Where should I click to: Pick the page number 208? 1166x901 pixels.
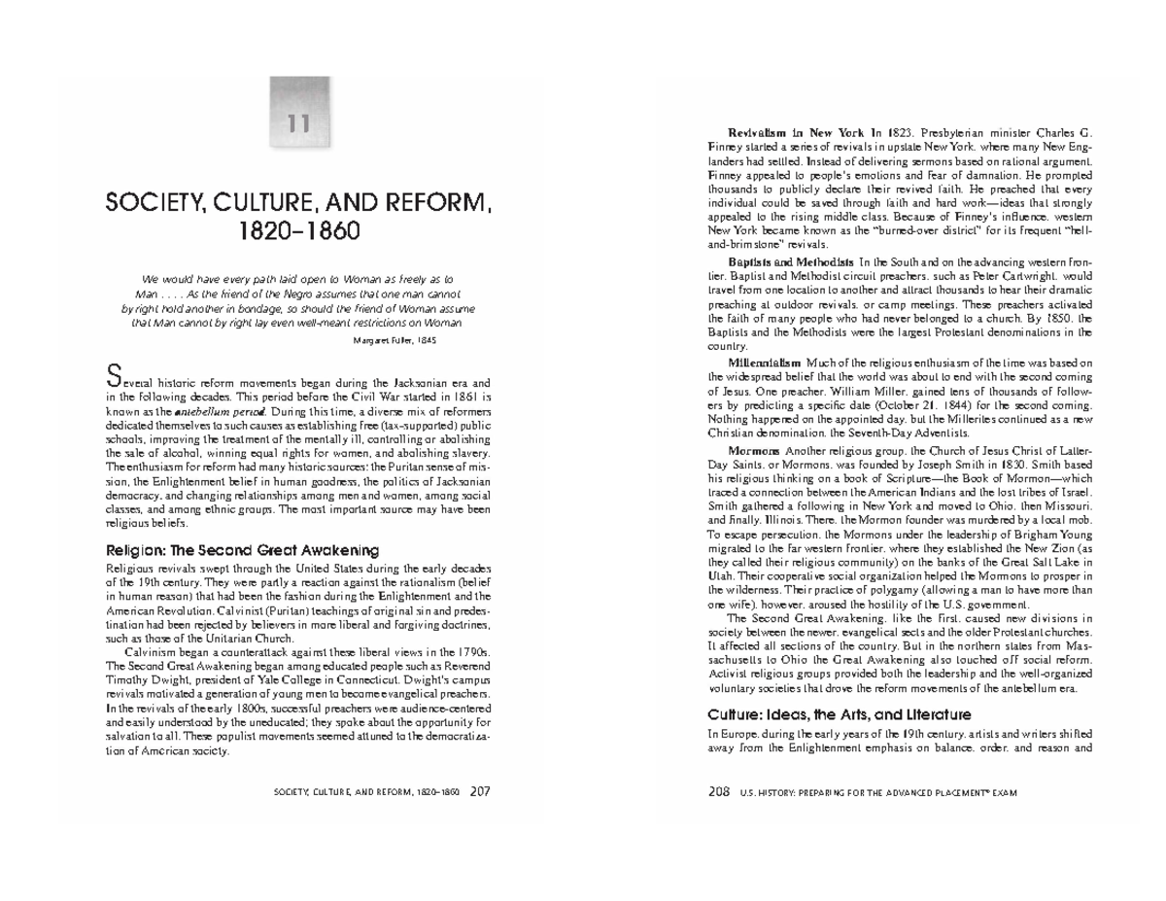point(719,790)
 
